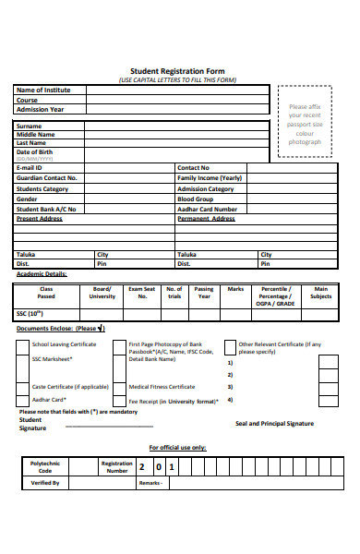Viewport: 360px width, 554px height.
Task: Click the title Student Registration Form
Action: tap(179, 71)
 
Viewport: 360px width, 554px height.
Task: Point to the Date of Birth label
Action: tap(36, 152)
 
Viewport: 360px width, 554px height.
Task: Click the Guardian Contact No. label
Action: tap(47, 177)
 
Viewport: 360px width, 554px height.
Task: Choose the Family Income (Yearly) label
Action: tap(210, 177)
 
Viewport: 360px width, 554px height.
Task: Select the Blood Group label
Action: tap(195, 199)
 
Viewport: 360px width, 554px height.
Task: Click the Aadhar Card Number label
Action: tap(207, 209)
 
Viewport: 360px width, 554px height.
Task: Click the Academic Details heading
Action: tap(42, 274)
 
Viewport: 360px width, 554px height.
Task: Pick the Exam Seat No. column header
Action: tap(142, 293)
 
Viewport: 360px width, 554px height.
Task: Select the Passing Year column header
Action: tap(204, 293)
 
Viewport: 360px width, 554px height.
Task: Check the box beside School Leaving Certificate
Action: tap(21, 348)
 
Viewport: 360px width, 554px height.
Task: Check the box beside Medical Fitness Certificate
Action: tap(119, 387)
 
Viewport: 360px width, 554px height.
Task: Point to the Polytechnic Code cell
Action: tap(45, 466)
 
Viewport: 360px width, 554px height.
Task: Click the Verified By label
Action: tap(45, 483)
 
